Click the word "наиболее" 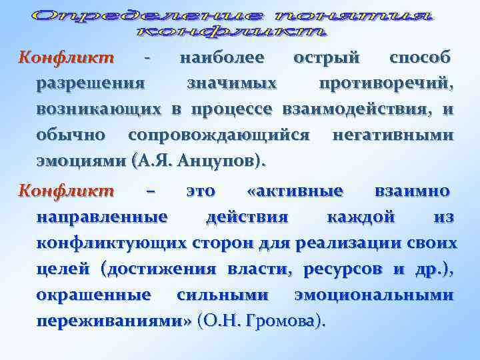[221, 58]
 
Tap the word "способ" [420, 58]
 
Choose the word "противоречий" [387, 84]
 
